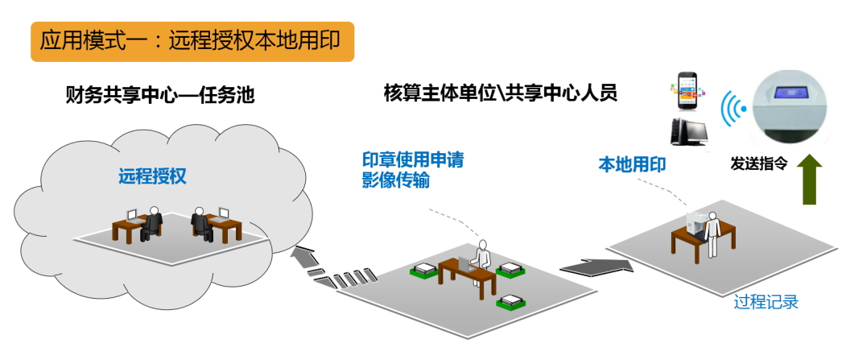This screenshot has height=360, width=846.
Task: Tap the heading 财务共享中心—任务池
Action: [159, 94]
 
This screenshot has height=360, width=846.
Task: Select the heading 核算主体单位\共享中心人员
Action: [501, 93]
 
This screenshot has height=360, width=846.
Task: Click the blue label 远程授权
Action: [152, 176]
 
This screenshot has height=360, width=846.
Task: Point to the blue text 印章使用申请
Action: [412, 159]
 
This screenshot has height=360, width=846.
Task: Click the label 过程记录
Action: [766, 303]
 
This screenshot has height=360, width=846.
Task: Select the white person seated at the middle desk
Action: [482, 255]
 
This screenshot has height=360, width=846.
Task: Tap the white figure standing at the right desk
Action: [712, 234]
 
